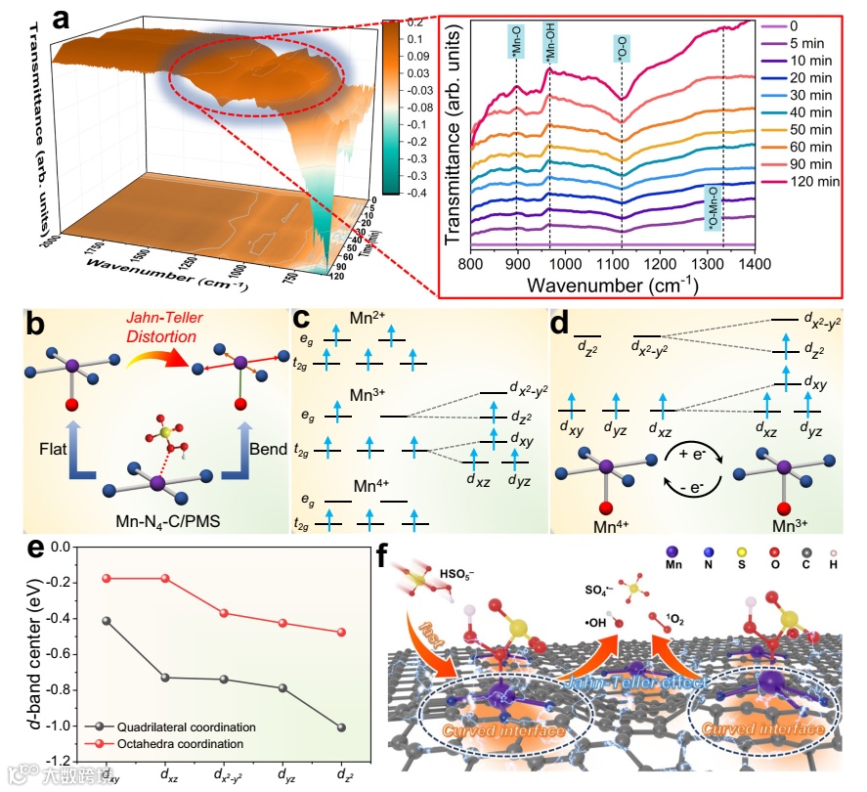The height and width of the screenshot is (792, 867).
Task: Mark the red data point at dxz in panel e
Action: [x=164, y=578]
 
